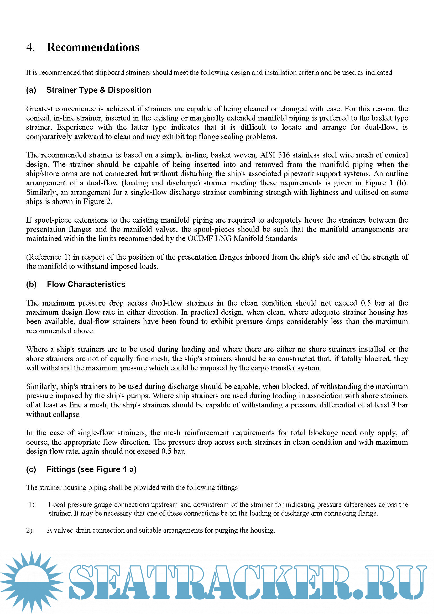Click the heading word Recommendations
(93, 47)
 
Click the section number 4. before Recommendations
(30, 47)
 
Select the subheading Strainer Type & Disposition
(99, 90)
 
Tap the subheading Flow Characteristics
(86, 284)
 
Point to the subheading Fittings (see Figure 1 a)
(91, 469)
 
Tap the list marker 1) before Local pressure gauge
(32, 504)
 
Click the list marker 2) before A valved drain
(29, 530)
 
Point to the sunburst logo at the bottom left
(32, 582)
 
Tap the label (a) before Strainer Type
(31, 90)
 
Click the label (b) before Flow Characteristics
(31, 284)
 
